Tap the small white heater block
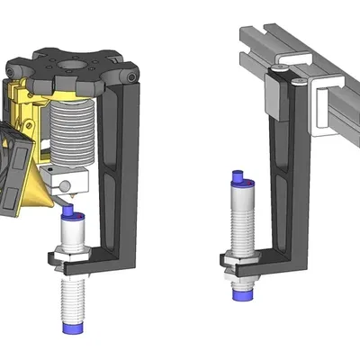pos(67,184)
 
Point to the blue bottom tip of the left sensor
pos(71,330)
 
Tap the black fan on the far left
pos(11,171)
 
